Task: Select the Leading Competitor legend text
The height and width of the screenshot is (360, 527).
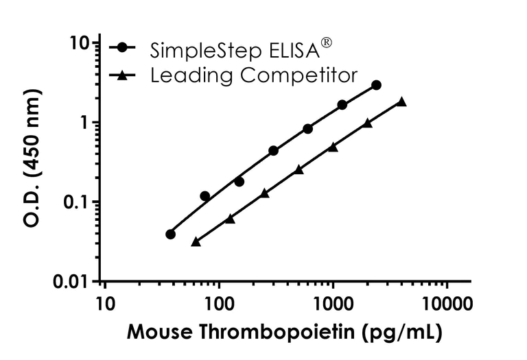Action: tap(254, 74)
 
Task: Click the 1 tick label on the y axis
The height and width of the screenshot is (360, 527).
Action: tap(86, 123)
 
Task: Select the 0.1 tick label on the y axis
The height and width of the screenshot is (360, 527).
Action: tap(77, 202)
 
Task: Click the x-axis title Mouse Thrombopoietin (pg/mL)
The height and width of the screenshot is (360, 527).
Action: tap(284, 333)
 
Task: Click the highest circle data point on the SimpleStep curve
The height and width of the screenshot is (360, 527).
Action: tap(376, 85)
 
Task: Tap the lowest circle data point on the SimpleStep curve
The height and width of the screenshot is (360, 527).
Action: tap(171, 235)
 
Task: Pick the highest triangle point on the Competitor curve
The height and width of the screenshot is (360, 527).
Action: tap(401, 102)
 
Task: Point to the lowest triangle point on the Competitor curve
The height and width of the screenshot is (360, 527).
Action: tap(196, 241)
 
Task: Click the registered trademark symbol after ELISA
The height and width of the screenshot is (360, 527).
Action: tap(327, 43)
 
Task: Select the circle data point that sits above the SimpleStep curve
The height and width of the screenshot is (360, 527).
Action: tap(204, 196)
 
